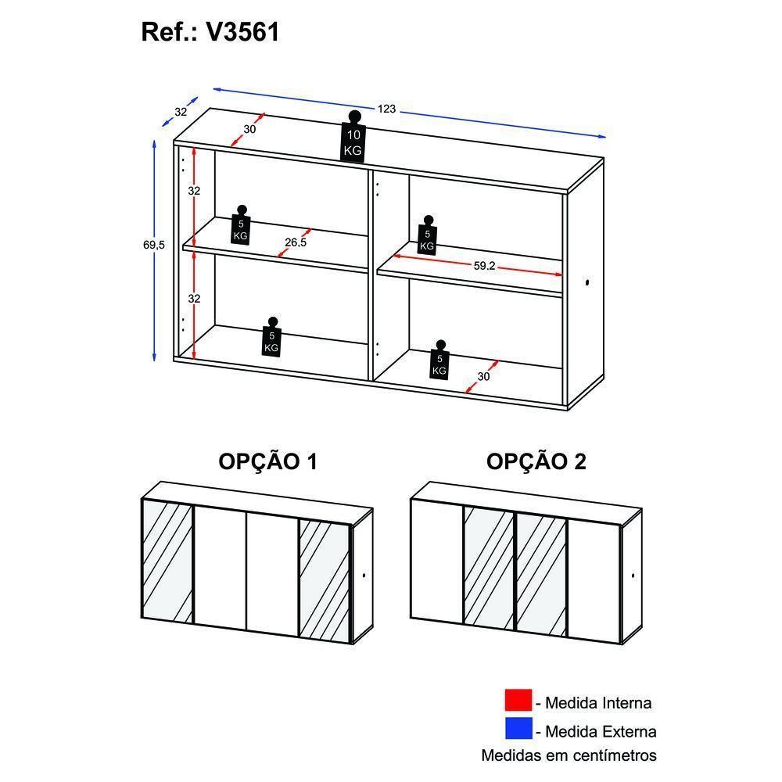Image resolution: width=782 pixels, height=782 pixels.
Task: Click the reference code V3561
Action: coord(242,32)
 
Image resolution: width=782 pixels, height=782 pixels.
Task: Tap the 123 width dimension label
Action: coord(386,109)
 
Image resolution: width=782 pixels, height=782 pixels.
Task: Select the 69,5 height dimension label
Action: coord(154,245)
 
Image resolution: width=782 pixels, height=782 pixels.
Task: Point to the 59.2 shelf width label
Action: coord(484,266)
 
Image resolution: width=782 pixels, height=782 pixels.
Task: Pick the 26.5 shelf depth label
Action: coord(296,242)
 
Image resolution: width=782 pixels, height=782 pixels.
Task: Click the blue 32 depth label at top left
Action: coord(181,112)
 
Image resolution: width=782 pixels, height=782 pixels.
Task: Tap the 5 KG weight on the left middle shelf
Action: coord(241,225)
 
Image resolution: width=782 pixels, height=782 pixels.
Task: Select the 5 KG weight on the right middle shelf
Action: coord(426,235)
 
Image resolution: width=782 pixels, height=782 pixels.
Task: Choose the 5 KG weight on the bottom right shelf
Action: coord(439,360)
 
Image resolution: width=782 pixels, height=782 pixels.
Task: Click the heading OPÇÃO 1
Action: coord(267,462)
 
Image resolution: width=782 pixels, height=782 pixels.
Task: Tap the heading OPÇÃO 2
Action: coord(536,462)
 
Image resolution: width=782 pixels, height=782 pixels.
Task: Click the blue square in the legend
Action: coord(518,730)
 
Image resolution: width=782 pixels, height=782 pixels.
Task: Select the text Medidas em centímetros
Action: coord(569,755)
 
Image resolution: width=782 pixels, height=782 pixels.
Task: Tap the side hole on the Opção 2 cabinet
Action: coord(633,577)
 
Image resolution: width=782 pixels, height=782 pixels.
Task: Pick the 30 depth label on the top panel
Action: coord(249,129)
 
